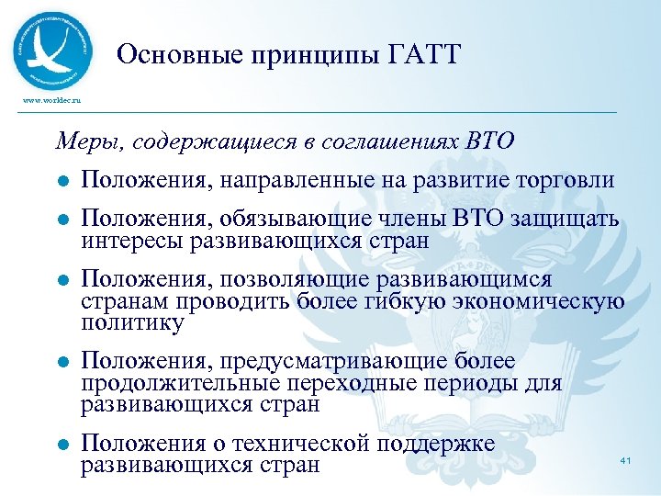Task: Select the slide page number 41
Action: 628,459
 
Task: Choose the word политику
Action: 132,323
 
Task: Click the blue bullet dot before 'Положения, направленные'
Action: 62,181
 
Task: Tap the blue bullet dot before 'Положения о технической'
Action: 62,445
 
